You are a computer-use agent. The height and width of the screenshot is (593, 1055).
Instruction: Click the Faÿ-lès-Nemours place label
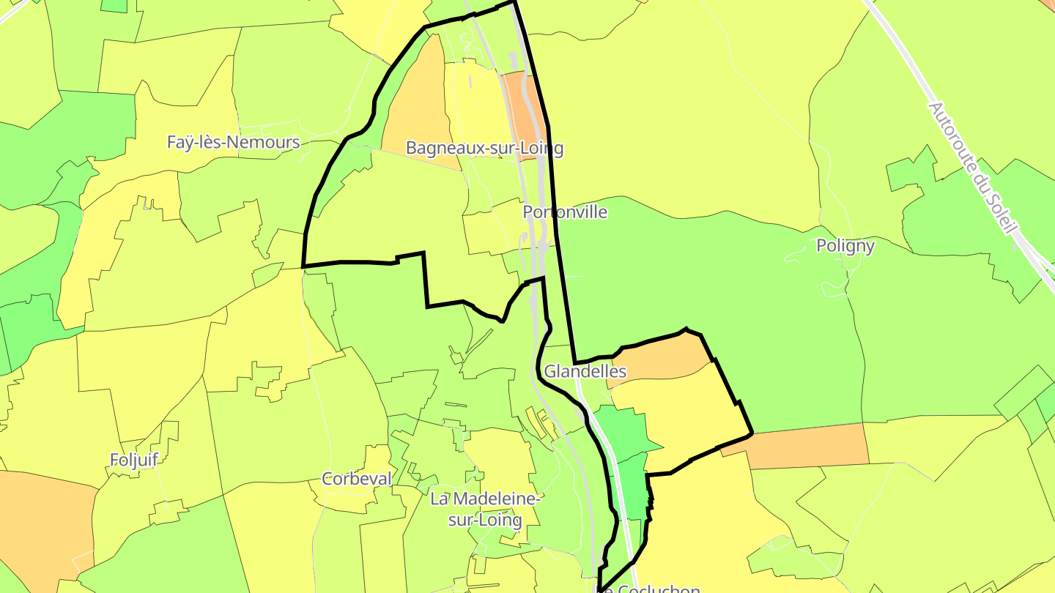click(233, 142)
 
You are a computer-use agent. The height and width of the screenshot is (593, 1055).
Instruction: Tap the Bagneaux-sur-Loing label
click(484, 148)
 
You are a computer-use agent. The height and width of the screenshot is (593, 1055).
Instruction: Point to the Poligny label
click(845, 245)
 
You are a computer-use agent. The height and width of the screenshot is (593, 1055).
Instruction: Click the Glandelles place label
click(585, 371)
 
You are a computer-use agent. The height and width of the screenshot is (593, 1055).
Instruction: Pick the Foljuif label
click(134, 460)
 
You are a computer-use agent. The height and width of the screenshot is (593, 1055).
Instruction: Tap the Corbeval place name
click(357, 479)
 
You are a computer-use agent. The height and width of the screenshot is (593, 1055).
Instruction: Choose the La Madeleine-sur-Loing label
click(485, 510)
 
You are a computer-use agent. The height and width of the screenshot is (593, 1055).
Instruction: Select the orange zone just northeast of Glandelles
click(659, 359)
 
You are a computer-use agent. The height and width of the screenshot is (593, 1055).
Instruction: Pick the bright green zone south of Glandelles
click(623, 432)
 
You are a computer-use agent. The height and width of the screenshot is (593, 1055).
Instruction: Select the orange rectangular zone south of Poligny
click(806, 445)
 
